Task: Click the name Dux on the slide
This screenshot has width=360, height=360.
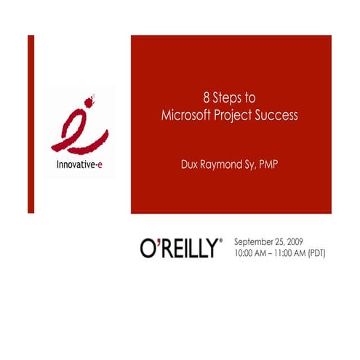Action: pos(191,164)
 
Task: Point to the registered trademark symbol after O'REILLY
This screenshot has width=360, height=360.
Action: pos(221,239)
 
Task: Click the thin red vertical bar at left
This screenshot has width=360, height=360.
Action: pos(31,124)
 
